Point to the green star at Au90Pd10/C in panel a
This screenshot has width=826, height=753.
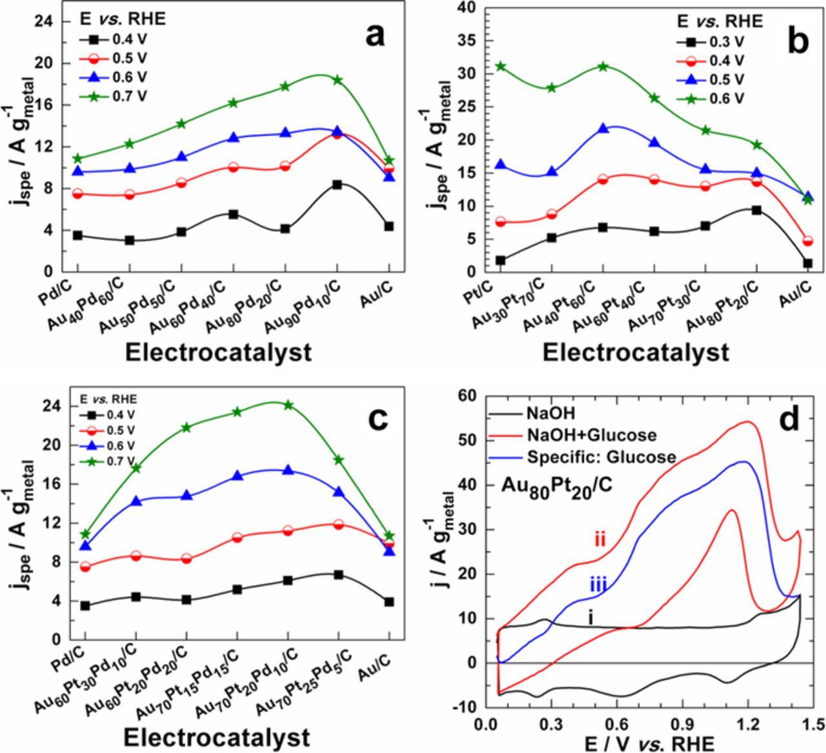pos(337,80)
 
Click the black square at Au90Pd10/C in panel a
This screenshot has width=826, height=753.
pos(337,185)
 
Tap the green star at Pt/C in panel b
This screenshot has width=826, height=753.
pos(500,66)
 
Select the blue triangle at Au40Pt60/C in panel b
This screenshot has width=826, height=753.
pos(603,129)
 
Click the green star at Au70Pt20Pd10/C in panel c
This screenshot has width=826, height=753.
pos(288,405)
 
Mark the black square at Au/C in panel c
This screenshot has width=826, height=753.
pos(388,601)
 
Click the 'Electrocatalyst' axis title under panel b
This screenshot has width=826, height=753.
pos(636,352)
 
